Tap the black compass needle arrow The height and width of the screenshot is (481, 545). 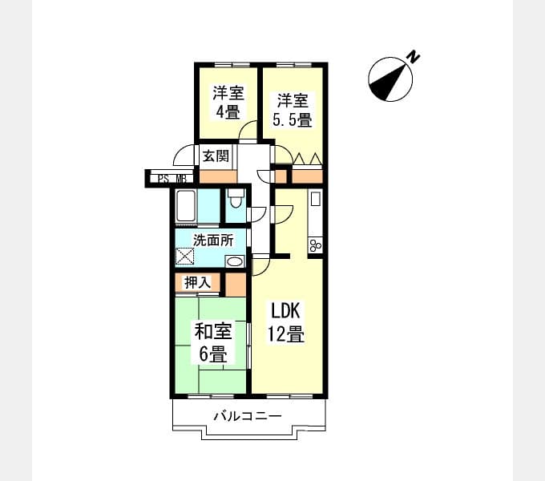pyautogui.click(x=389, y=81)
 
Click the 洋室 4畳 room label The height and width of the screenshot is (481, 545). pyautogui.click(x=228, y=102)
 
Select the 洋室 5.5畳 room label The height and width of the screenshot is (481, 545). pyautogui.click(x=293, y=110)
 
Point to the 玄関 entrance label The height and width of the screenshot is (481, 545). pyautogui.click(x=216, y=156)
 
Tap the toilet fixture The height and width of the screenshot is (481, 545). pyautogui.click(x=236, y=199)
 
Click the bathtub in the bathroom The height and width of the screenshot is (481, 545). pyautogui.click(x=186, y=206)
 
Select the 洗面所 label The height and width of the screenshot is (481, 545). pyautogui.click(x=213, y=240)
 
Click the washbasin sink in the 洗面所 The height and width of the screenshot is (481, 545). pyautogui.click(x=235, y=261)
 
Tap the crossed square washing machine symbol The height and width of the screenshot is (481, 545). pyautogui.click(x=184, y=257)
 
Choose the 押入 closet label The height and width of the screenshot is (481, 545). pyautogui.click(x=197, y=282)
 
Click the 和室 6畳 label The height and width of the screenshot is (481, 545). pyautogui.click(x=213, y=342)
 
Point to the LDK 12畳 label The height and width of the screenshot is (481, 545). pyautogui.click(x=285, y=322)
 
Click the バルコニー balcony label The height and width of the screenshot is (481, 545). pyautogui.click(x=248, y=415)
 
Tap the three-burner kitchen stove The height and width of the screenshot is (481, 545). pyautogui.click(x=316, y=246)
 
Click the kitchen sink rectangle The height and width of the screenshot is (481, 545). pyautogui.click(x=316, y=199)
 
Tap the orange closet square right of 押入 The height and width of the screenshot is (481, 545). pyautogui.click(x=236, y=285)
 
